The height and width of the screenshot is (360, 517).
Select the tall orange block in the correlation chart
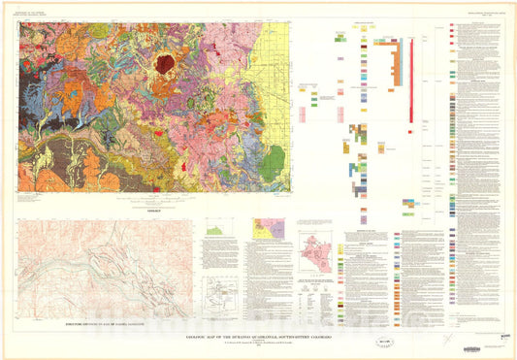click(x=393, y=63)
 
